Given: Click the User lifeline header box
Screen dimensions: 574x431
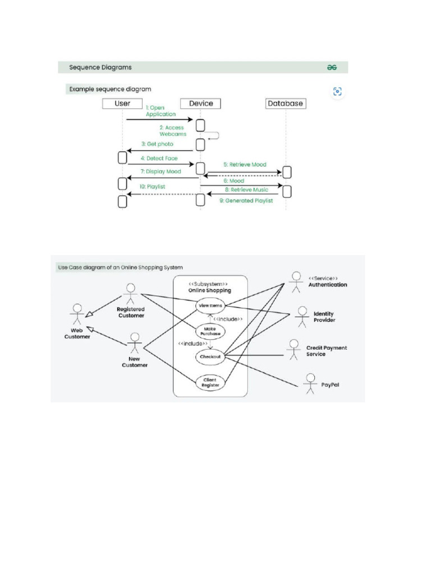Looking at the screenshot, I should coord(122,104).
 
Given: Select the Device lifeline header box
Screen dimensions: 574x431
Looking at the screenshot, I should coord(200,104).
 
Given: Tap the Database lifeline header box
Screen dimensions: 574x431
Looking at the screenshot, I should coord(285,104).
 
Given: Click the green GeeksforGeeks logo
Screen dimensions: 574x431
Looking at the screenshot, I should coord(332,67).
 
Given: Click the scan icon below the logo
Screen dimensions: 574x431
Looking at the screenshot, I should coord(337,92).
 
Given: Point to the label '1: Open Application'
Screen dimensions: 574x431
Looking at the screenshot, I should coord(161,111).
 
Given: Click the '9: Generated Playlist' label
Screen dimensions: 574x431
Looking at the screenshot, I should coord(246,201).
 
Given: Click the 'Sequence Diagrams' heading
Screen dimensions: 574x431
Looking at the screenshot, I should coord(100,67).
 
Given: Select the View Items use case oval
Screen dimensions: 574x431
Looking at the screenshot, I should coord(210,305).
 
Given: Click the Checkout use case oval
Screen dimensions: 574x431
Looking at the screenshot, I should coord(210,356).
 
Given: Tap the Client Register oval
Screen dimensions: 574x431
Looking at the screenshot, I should coord(210,383).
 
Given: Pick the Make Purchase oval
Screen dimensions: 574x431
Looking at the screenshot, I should coord(210,331).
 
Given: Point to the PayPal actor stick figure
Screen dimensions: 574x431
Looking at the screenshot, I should coord(309,384).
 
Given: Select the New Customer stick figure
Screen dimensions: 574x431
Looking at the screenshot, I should coord(134,345).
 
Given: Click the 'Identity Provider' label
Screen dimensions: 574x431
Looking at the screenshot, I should coord(324,317).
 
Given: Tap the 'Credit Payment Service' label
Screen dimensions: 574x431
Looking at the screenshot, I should coord(326,351).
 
